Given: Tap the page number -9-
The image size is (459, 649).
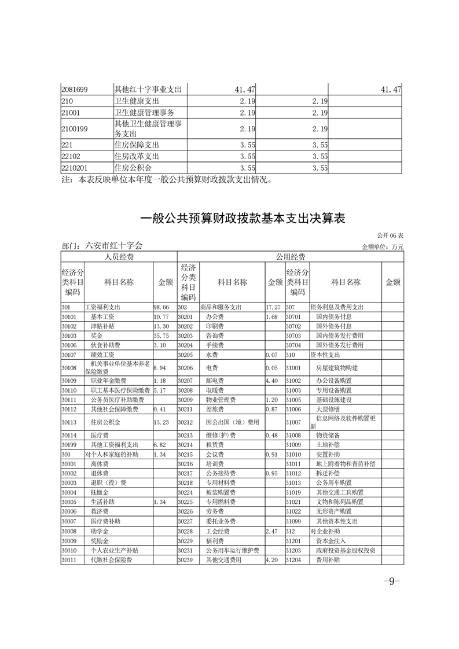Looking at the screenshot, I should pos(392,581).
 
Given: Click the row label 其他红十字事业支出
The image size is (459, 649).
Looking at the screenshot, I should pos(148,90).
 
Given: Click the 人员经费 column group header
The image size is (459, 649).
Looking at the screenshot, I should pos(118,257).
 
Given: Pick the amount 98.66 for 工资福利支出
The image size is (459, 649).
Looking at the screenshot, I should pos(161,307).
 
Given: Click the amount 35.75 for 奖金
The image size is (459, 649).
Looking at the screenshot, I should pos(161,335).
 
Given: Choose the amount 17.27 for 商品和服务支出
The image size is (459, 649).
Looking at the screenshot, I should pos(273,307).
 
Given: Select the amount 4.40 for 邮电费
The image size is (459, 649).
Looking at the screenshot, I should pos(272,381).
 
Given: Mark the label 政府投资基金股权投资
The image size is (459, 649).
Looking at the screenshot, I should pos(346,550).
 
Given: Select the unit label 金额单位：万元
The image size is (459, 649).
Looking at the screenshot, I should pos(382,247).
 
